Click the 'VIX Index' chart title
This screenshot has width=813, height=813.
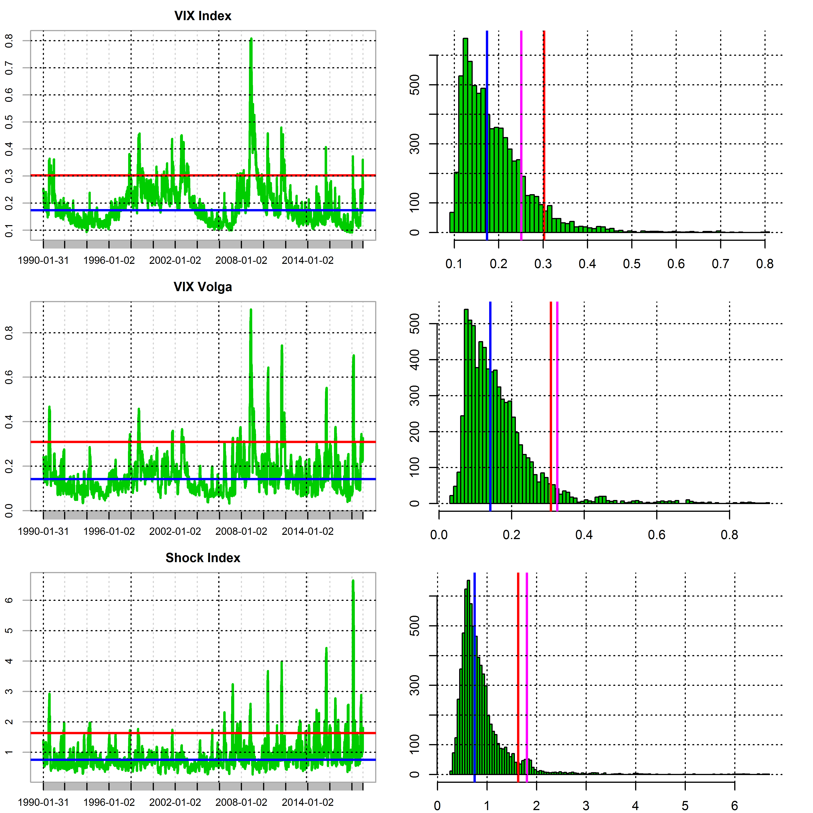(x=203, y=16)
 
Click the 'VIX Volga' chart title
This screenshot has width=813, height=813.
(x=203, y=287)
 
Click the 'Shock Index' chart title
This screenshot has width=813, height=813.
(x=203, y=558)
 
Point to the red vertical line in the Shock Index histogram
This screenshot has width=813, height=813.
(x=518, y=673)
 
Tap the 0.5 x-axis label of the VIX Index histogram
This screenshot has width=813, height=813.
(x=632, y=264)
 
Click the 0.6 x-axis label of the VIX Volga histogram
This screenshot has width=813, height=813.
(x=656, y=535)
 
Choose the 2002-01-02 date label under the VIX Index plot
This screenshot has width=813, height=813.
(x=175, y=261)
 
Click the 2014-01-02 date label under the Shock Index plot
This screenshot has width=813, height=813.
(x=308, y=803)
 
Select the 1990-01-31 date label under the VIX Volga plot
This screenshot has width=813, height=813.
(x=43, y=532)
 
